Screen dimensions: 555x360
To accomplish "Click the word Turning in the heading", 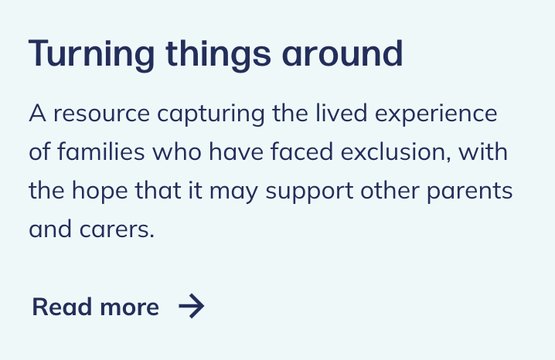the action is click(x=91, y=55).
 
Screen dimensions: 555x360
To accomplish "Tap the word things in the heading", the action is click(x=219, y=55).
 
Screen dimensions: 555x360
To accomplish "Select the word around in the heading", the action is click(x=342, y=53).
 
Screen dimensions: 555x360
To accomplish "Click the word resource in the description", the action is click(x=101, y=114).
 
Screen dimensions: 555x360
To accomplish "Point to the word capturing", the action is click(x=210, y=114).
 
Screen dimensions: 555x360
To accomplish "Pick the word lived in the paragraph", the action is click(x=341, y=113).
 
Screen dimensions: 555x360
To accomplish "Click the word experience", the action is click(x=436, y=114).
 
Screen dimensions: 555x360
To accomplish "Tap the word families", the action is click(x=101, y=151).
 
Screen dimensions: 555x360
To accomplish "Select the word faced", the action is click(x=301, y=151).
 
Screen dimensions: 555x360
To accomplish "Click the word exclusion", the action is click(x=395, y=152).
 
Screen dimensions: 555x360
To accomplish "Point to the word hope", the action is click(x=100, y=191).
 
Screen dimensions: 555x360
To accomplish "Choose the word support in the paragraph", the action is click(x=309, y=191).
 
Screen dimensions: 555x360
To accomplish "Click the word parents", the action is click(x=470, y=191).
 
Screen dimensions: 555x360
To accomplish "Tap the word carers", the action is click(x=117, y=229).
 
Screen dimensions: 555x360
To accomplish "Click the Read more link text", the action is click(x=96, y=307).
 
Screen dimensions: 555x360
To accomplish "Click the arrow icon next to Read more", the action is click(x=192, y=306).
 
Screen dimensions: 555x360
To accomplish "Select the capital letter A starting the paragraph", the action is click(x=37, y=113).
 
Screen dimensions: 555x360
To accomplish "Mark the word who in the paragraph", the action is click(x=177, y=151).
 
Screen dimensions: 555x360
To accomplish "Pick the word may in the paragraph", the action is click(x=233, y=191).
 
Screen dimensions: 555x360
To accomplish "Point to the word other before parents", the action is click(x=390, y=190).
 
